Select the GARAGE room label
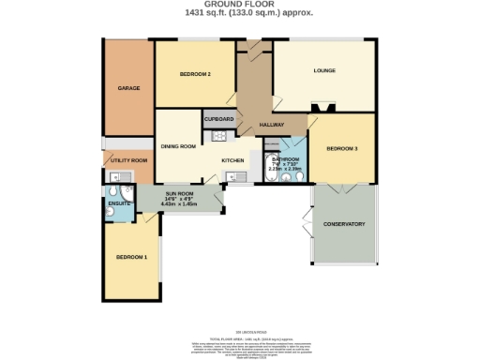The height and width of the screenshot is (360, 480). (x=128, y=88)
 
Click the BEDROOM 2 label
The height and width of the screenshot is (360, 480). (x=195, y=74)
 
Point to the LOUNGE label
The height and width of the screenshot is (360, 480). (x=323, y=71)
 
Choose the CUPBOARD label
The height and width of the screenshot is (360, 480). (x=218, y=120)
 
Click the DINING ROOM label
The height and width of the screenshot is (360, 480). (x=177, y=146)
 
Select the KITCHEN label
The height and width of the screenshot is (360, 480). (x=232, y=160)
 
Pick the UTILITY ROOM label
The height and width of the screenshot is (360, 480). (x=127, y=160)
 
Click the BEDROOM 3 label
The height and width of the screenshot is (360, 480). (x=342, y=148)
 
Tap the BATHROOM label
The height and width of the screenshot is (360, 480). (x=285, y=159)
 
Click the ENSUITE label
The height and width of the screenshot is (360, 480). (x=119, y=202)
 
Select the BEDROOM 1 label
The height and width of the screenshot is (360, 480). (x=131, y=256)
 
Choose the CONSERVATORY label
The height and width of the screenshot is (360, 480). (x=343, y=224)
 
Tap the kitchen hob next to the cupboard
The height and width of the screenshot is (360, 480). (x=220, y=136)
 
